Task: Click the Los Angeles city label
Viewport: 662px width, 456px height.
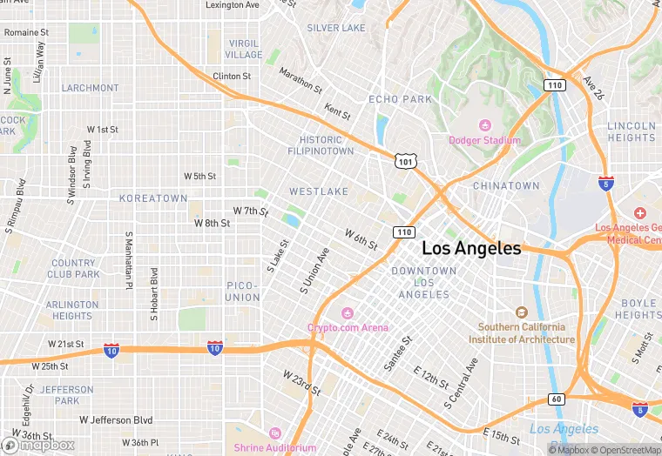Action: pos(471,248)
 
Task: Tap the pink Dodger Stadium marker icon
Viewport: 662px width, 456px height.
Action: pos(485,125)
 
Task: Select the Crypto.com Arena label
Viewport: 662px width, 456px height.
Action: pos(348,327)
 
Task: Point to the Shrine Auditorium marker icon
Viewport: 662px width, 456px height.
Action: pos(274,433)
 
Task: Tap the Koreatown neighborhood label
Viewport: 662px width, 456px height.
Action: pos(153,198)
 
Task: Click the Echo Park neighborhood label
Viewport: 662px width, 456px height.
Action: pos(400,99)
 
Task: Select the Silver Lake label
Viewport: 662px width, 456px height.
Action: pos(336,28)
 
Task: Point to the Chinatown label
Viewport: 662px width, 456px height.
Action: pos(506,186)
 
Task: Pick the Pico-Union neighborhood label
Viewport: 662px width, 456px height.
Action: pos(243,292)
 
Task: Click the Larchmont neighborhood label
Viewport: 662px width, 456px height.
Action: pos(90,88)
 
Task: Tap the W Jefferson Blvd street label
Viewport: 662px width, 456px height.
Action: pos(116,419)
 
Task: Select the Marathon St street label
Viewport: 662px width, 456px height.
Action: pos(301,82)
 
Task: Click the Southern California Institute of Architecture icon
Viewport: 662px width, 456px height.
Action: pos(522,312)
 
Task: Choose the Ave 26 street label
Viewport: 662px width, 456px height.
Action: pos(594,86)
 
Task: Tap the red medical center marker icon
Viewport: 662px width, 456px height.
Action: pos(640,213)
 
